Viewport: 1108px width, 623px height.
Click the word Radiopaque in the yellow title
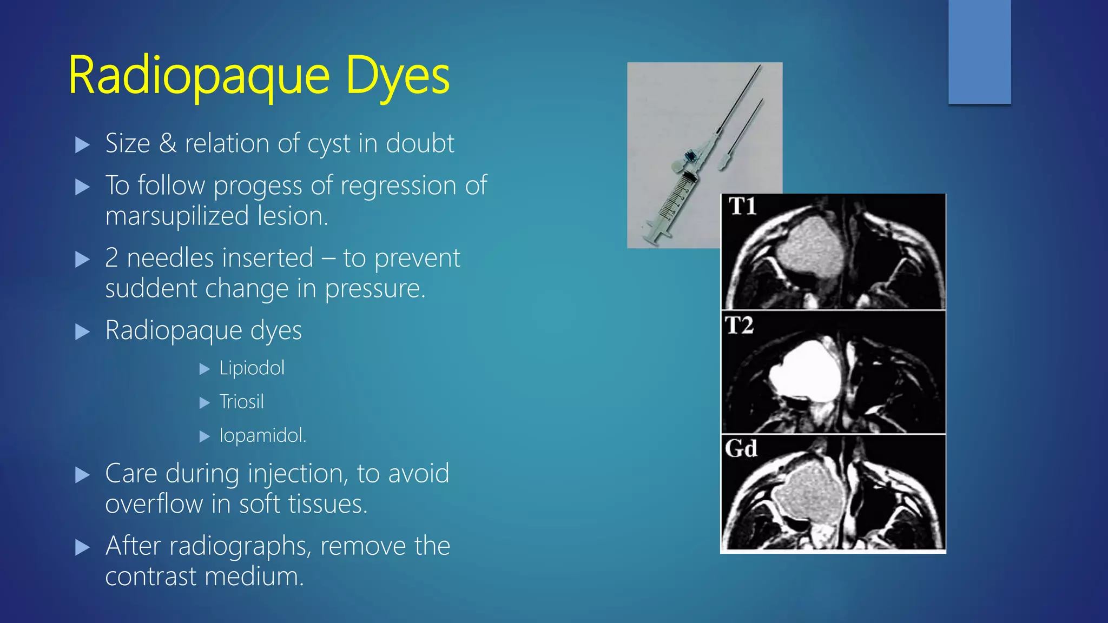click(199, 77)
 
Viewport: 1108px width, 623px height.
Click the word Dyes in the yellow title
click(397, 77)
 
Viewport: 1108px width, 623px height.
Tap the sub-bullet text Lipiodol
click(252, 368)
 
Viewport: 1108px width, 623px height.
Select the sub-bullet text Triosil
click(241, 402)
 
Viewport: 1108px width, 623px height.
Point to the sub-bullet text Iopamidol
click(262, 435)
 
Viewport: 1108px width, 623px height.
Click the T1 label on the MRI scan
click(742, 207)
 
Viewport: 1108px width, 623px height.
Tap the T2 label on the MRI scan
click(739, 326)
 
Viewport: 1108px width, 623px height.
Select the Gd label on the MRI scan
click(741, 448)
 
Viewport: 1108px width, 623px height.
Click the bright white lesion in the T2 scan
click(805, 372)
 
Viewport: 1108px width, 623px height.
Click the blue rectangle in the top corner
click(979, 51)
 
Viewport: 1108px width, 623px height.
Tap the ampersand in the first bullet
click(168, 144)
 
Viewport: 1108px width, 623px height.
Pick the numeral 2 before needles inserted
click(111, 258)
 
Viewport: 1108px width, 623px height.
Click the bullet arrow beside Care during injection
click(82, 475)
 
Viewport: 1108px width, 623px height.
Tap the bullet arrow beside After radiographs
click(82, 548)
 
